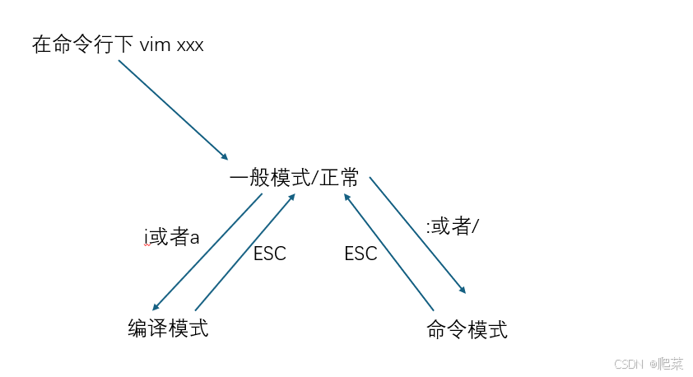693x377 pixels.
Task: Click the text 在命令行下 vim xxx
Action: [x=118, y=44]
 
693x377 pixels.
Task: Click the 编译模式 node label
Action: [x=168, y=329]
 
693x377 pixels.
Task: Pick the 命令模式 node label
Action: [x=467, y=331]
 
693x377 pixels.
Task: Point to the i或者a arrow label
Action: [x=172, y=239]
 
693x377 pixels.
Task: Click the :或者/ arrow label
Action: [x=453, y=226]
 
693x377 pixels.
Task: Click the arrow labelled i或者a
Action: [x=208, y=252]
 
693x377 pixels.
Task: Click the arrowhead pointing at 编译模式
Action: [x=156, y=306]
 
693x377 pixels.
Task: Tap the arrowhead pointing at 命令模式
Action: [x=463, y=290]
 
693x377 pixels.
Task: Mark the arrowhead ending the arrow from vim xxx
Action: [x=225, y=156]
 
